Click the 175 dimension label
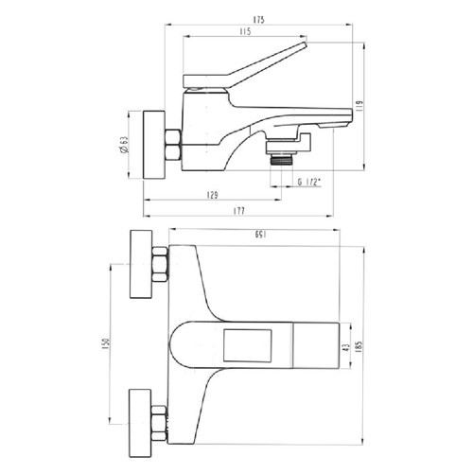[258, 20]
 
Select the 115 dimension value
[245, 31]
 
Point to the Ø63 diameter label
[124, 145]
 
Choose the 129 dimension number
[213, 195]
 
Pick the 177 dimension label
[239, 211]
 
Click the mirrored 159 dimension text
[261, 235]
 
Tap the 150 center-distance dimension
[106, 343]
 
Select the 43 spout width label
[346, 347]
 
